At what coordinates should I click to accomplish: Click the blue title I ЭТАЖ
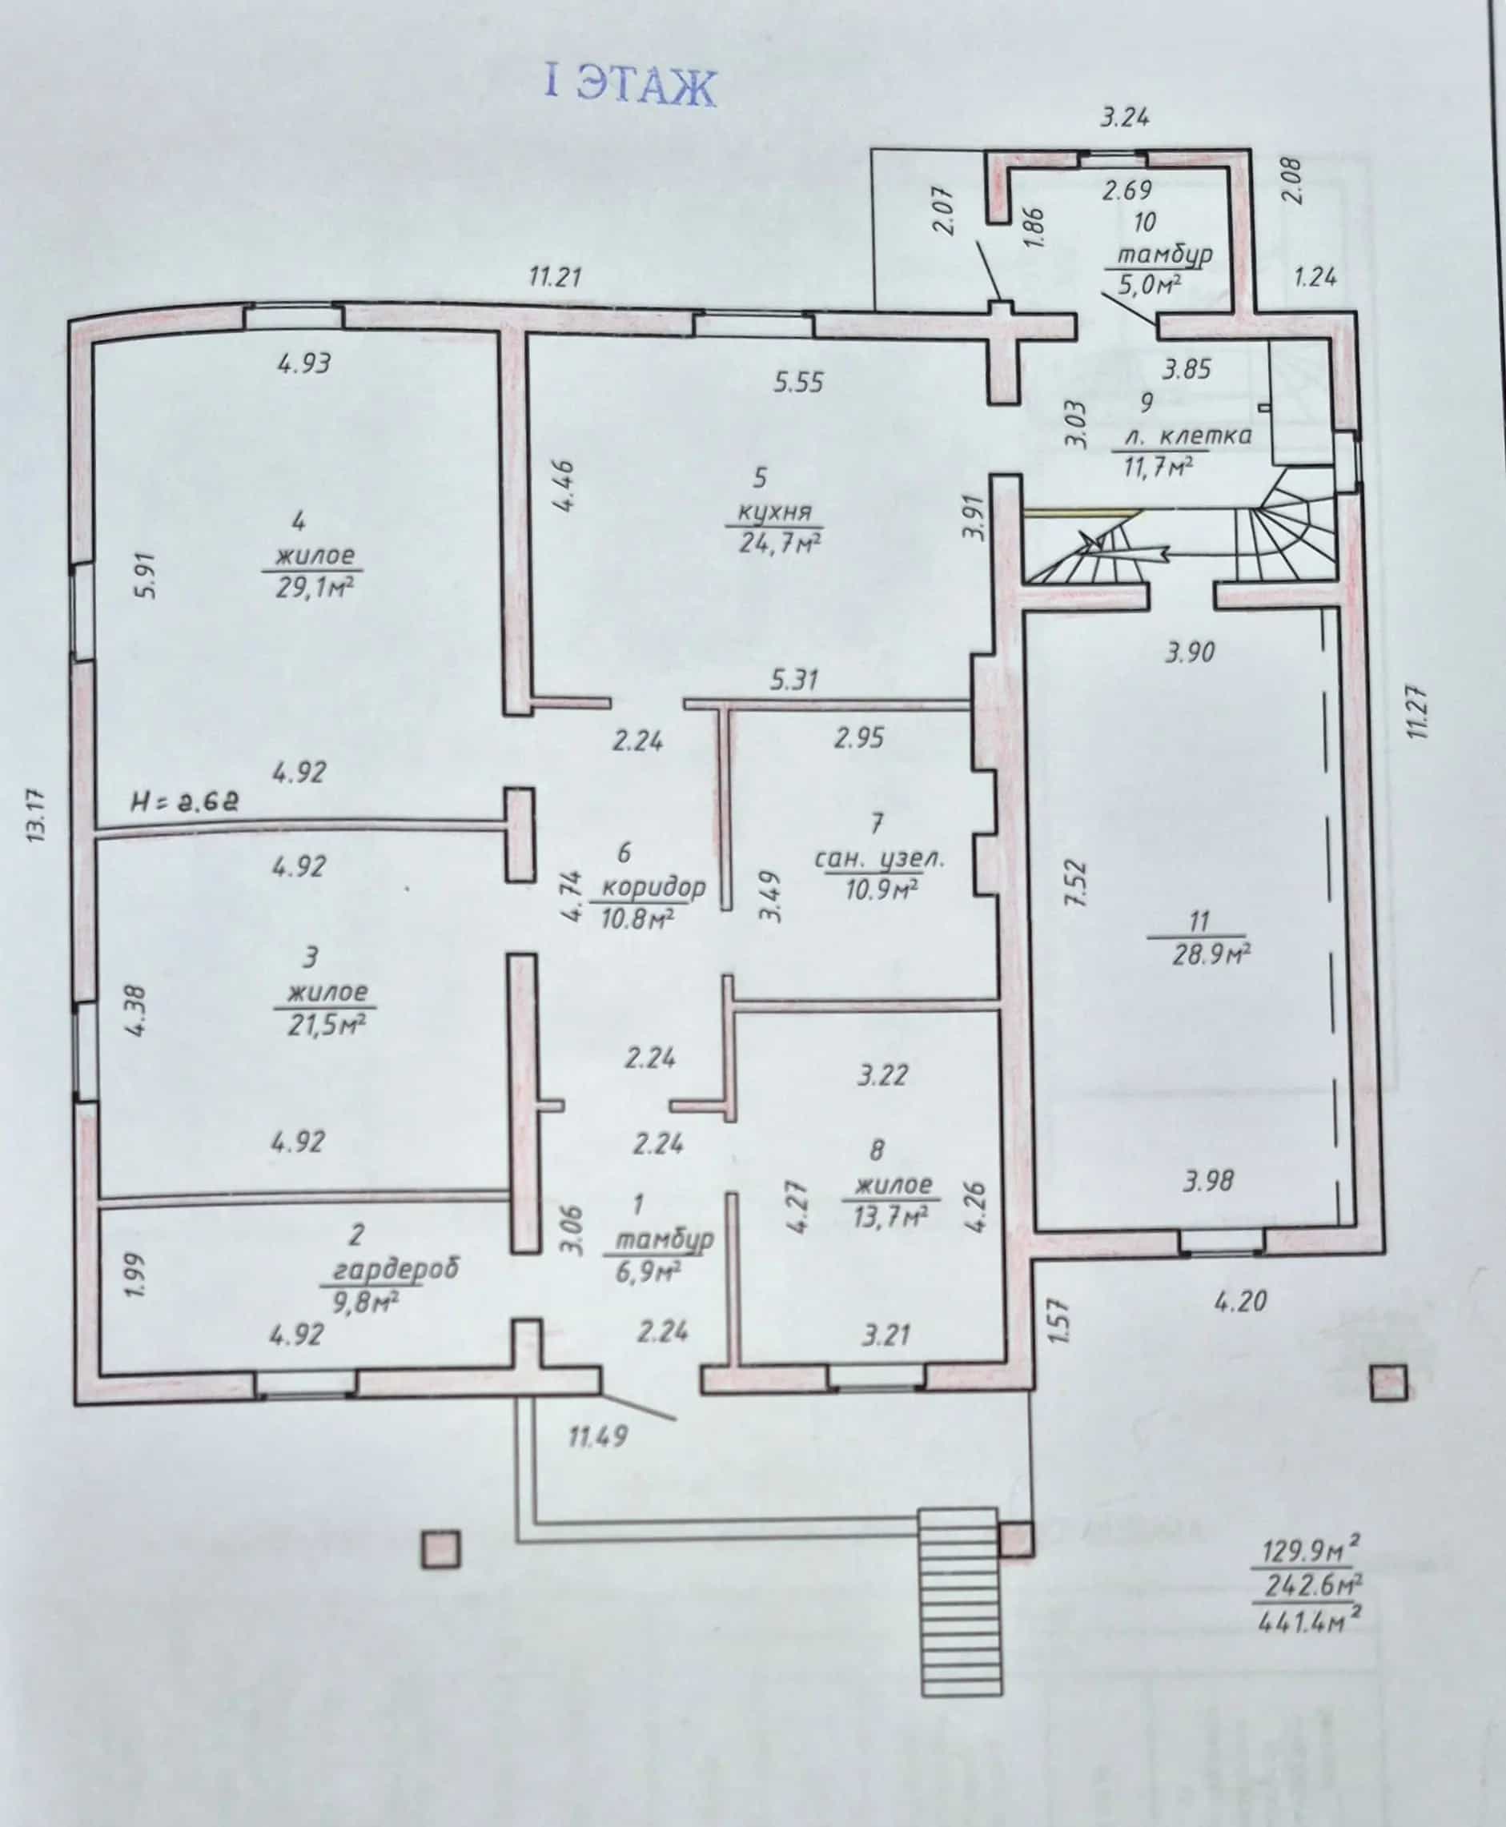point(631,86)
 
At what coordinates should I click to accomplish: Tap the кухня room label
point(775,512)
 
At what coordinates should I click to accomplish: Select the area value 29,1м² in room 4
point(313,588)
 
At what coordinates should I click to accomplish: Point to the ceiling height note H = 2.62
point(184,801)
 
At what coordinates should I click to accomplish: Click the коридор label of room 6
point(653,887)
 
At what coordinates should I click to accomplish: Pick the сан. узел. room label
point(879,859)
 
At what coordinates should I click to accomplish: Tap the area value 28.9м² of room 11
point(1211,954)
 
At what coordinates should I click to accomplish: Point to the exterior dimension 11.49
point(598,1435)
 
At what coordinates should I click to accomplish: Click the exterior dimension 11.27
point(1416,713)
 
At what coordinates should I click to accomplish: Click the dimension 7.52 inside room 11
point(1074,883)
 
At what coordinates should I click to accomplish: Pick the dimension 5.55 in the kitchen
point(798,382)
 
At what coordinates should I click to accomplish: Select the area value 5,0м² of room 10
point(1148,283)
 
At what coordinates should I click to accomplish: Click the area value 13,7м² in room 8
point(891,1216)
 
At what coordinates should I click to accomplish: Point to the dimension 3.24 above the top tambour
point(1125,116)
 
